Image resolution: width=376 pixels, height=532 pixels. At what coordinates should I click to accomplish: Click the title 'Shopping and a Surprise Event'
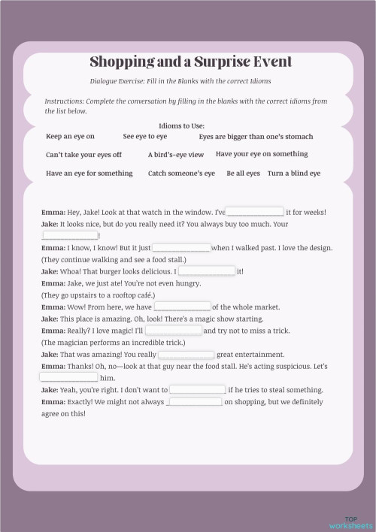[x=191, y=62]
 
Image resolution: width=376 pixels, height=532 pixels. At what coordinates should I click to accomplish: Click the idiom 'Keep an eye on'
[x=70, y=137]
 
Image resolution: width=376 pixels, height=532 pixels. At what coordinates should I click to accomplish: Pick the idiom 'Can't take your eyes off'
[x=83, y=155]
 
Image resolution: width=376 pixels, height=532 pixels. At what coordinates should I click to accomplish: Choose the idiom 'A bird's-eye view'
[x=175, y=155]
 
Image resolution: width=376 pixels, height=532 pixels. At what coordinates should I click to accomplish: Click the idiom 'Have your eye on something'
[x=261, y=154]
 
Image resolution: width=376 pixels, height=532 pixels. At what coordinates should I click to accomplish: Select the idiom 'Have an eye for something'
[x=89, y=174]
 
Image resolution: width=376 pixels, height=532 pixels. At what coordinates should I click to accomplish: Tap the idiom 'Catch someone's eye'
[x=181, y=174]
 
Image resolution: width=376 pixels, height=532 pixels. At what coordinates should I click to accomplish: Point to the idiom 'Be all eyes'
[x=243, y=174]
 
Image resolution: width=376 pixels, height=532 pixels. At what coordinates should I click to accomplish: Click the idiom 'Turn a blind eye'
[x=293, y=174]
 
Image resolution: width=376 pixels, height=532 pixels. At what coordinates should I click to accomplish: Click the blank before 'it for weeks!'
[x=255, y=212]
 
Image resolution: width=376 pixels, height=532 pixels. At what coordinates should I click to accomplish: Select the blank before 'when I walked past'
[x=182, y=247]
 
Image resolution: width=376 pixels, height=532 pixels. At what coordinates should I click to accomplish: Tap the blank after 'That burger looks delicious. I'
[x=207, y=271]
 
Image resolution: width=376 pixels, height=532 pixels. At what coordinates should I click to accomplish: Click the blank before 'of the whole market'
[x=182, y=307]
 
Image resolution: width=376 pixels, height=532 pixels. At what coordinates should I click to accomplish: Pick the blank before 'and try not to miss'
[x=174, y=331]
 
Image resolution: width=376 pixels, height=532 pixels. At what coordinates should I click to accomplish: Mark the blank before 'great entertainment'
[x=186, y=354]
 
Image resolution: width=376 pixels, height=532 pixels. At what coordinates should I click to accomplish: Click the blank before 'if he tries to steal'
[x=197, y=389]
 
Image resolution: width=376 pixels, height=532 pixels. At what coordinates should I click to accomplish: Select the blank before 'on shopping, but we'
[x=195, y=401]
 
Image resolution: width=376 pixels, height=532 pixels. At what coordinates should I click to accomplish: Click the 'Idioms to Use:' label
[x=182, y=125]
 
